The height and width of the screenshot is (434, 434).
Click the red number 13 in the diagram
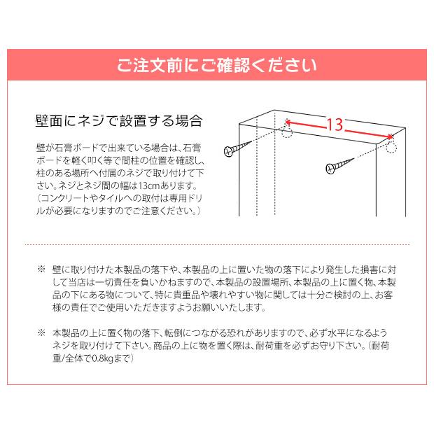[x=334, y=125]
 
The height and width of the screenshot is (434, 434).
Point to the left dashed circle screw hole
[x=286, y=132]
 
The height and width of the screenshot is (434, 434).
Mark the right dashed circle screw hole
[x=391, y=146]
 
